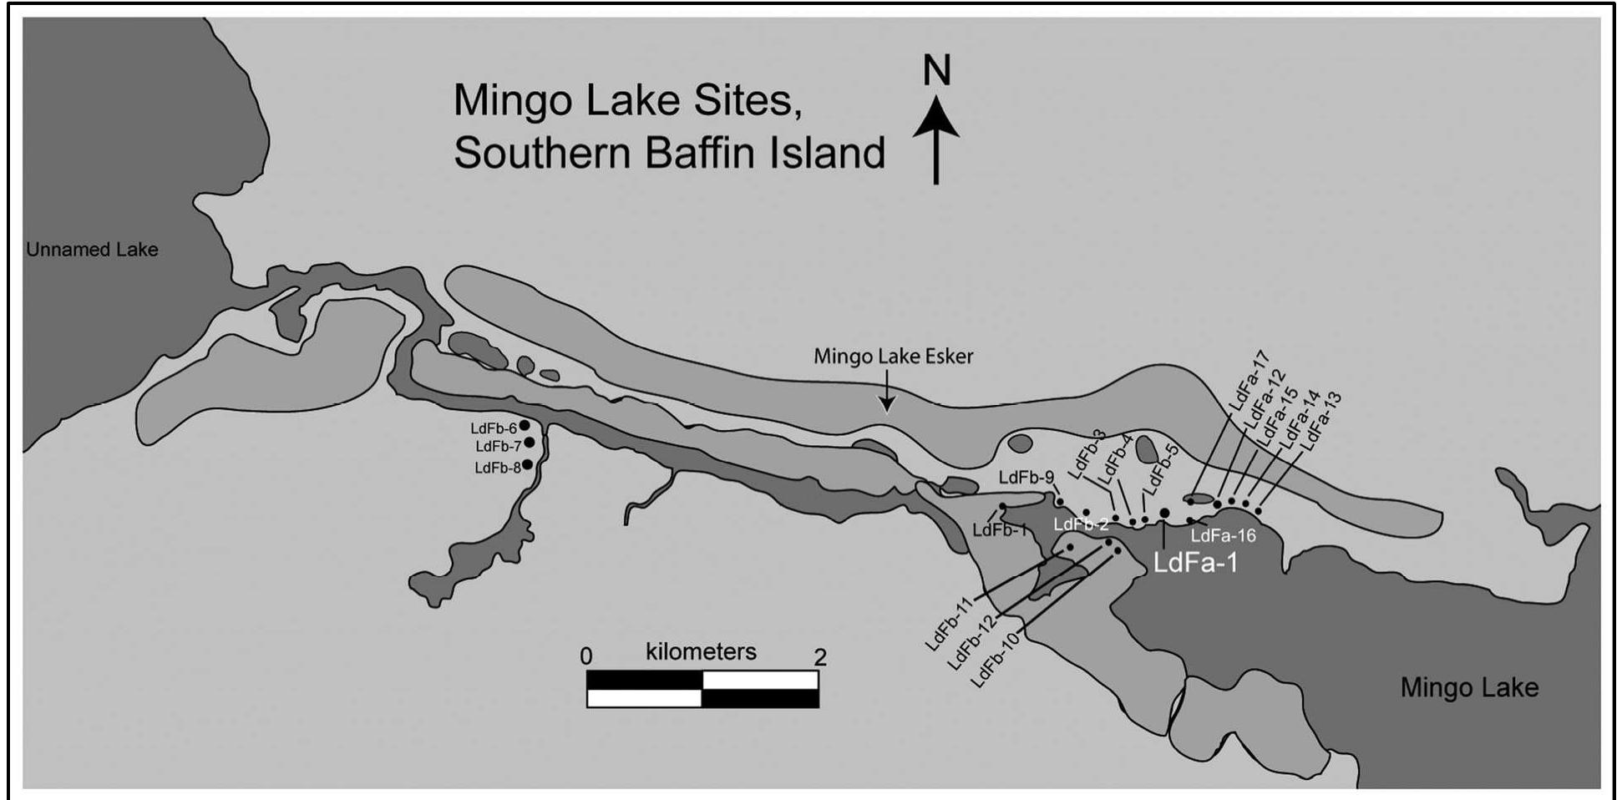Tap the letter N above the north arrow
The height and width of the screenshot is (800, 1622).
point(936,71)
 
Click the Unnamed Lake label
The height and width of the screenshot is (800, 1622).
point(92,250)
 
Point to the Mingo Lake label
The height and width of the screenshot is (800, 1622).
point(1469,687)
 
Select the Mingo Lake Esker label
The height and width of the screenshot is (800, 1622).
point(893,357)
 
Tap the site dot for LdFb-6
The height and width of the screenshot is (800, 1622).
point(525,426)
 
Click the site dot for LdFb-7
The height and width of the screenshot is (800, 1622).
point(529,443)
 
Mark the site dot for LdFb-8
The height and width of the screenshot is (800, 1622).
point(527,464)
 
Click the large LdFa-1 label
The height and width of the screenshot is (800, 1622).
point(1194,563)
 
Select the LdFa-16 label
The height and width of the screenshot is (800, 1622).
point(1223,536)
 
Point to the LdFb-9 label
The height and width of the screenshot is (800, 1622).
point(1026,478)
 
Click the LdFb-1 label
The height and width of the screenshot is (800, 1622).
point(999,529)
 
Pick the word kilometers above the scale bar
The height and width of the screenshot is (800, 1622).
point(701,651)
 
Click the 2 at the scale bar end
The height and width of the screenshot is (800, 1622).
point(820,657)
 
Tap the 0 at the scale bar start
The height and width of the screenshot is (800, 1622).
point(586,656)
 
